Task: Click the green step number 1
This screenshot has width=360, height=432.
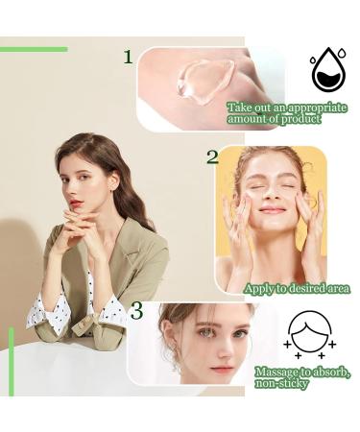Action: pos(128,58)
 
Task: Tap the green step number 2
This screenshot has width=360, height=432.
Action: pos(212,156)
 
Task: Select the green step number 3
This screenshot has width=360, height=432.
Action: pos(137,312)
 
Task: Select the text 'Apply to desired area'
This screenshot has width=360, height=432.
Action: pos(297,288)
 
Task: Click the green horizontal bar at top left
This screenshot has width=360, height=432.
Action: pos(34,48)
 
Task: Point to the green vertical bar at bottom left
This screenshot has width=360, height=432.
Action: pos(12,361)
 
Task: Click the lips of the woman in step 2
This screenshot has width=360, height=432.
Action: pos(272,209)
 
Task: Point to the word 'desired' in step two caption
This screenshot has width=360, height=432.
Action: pos(300,288)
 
